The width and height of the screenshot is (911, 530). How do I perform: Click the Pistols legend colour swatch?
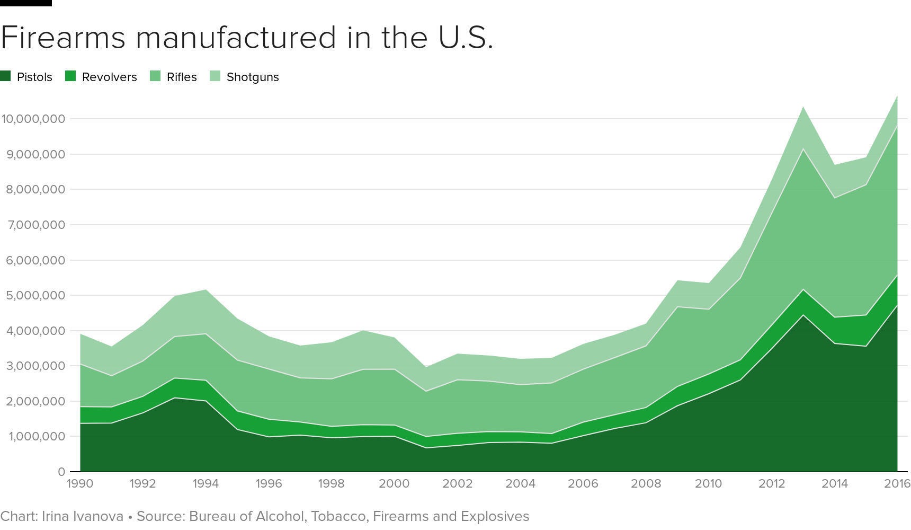pyautogui.click(x=6, y=76)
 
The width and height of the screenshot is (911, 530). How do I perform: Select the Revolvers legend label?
pyautogui.click(x=109, y=77)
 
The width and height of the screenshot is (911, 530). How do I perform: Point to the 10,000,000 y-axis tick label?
pyautogui.click(x=33, y=119)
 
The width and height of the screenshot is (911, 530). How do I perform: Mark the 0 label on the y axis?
pyautogui.click(x=61, y=472)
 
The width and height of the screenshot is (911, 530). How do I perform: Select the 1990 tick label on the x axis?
pyautogui.click(x=80, y=483)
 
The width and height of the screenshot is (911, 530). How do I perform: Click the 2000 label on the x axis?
pyautogui.click(x=394, y=483)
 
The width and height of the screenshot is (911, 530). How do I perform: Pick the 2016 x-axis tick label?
pyautogui.click(x=897, y=483)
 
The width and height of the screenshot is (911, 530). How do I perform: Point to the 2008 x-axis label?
pyautogui.click(x=646, y=483)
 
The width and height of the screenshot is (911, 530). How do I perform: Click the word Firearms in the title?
pyautogui.click(x=62, y=38)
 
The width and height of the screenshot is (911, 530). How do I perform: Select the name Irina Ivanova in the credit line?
pyautogui.click(x=83, y=516)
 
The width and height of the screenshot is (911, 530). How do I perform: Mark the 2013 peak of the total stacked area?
pyautogui.click(x=803, y=107)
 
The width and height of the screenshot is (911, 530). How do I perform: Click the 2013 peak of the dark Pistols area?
pyautogui.click(x=803, y=315)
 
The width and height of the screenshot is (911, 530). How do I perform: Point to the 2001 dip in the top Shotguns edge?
pyautogui.click(x=426, y=367)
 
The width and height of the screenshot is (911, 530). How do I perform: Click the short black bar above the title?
pyautogui.click(x=25, y=3)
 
